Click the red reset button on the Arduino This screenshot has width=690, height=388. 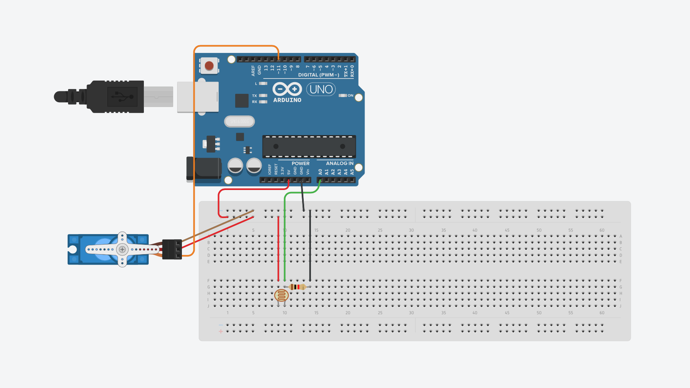point(209,65)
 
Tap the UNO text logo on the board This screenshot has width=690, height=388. point(321,89)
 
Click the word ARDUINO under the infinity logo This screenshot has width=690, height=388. point(287,100)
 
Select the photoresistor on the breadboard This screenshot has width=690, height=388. point(281,296)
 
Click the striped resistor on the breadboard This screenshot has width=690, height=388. point(298,287)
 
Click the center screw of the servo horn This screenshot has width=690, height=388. point(122,249)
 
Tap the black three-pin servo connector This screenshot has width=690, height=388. point(172,249)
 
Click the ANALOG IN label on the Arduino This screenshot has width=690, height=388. point(339,163)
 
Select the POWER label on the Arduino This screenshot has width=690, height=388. point(301,163)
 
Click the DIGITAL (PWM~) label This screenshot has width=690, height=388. point(319,75)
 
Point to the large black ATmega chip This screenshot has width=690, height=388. point(309,147)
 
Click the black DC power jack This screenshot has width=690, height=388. point(204,169)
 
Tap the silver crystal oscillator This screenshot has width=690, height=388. point(239,121)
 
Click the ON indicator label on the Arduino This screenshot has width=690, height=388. point(350,95)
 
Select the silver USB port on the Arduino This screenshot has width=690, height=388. point(198,97)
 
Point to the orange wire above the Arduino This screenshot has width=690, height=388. point(236,46)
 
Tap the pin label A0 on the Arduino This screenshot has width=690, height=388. point(320,172)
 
